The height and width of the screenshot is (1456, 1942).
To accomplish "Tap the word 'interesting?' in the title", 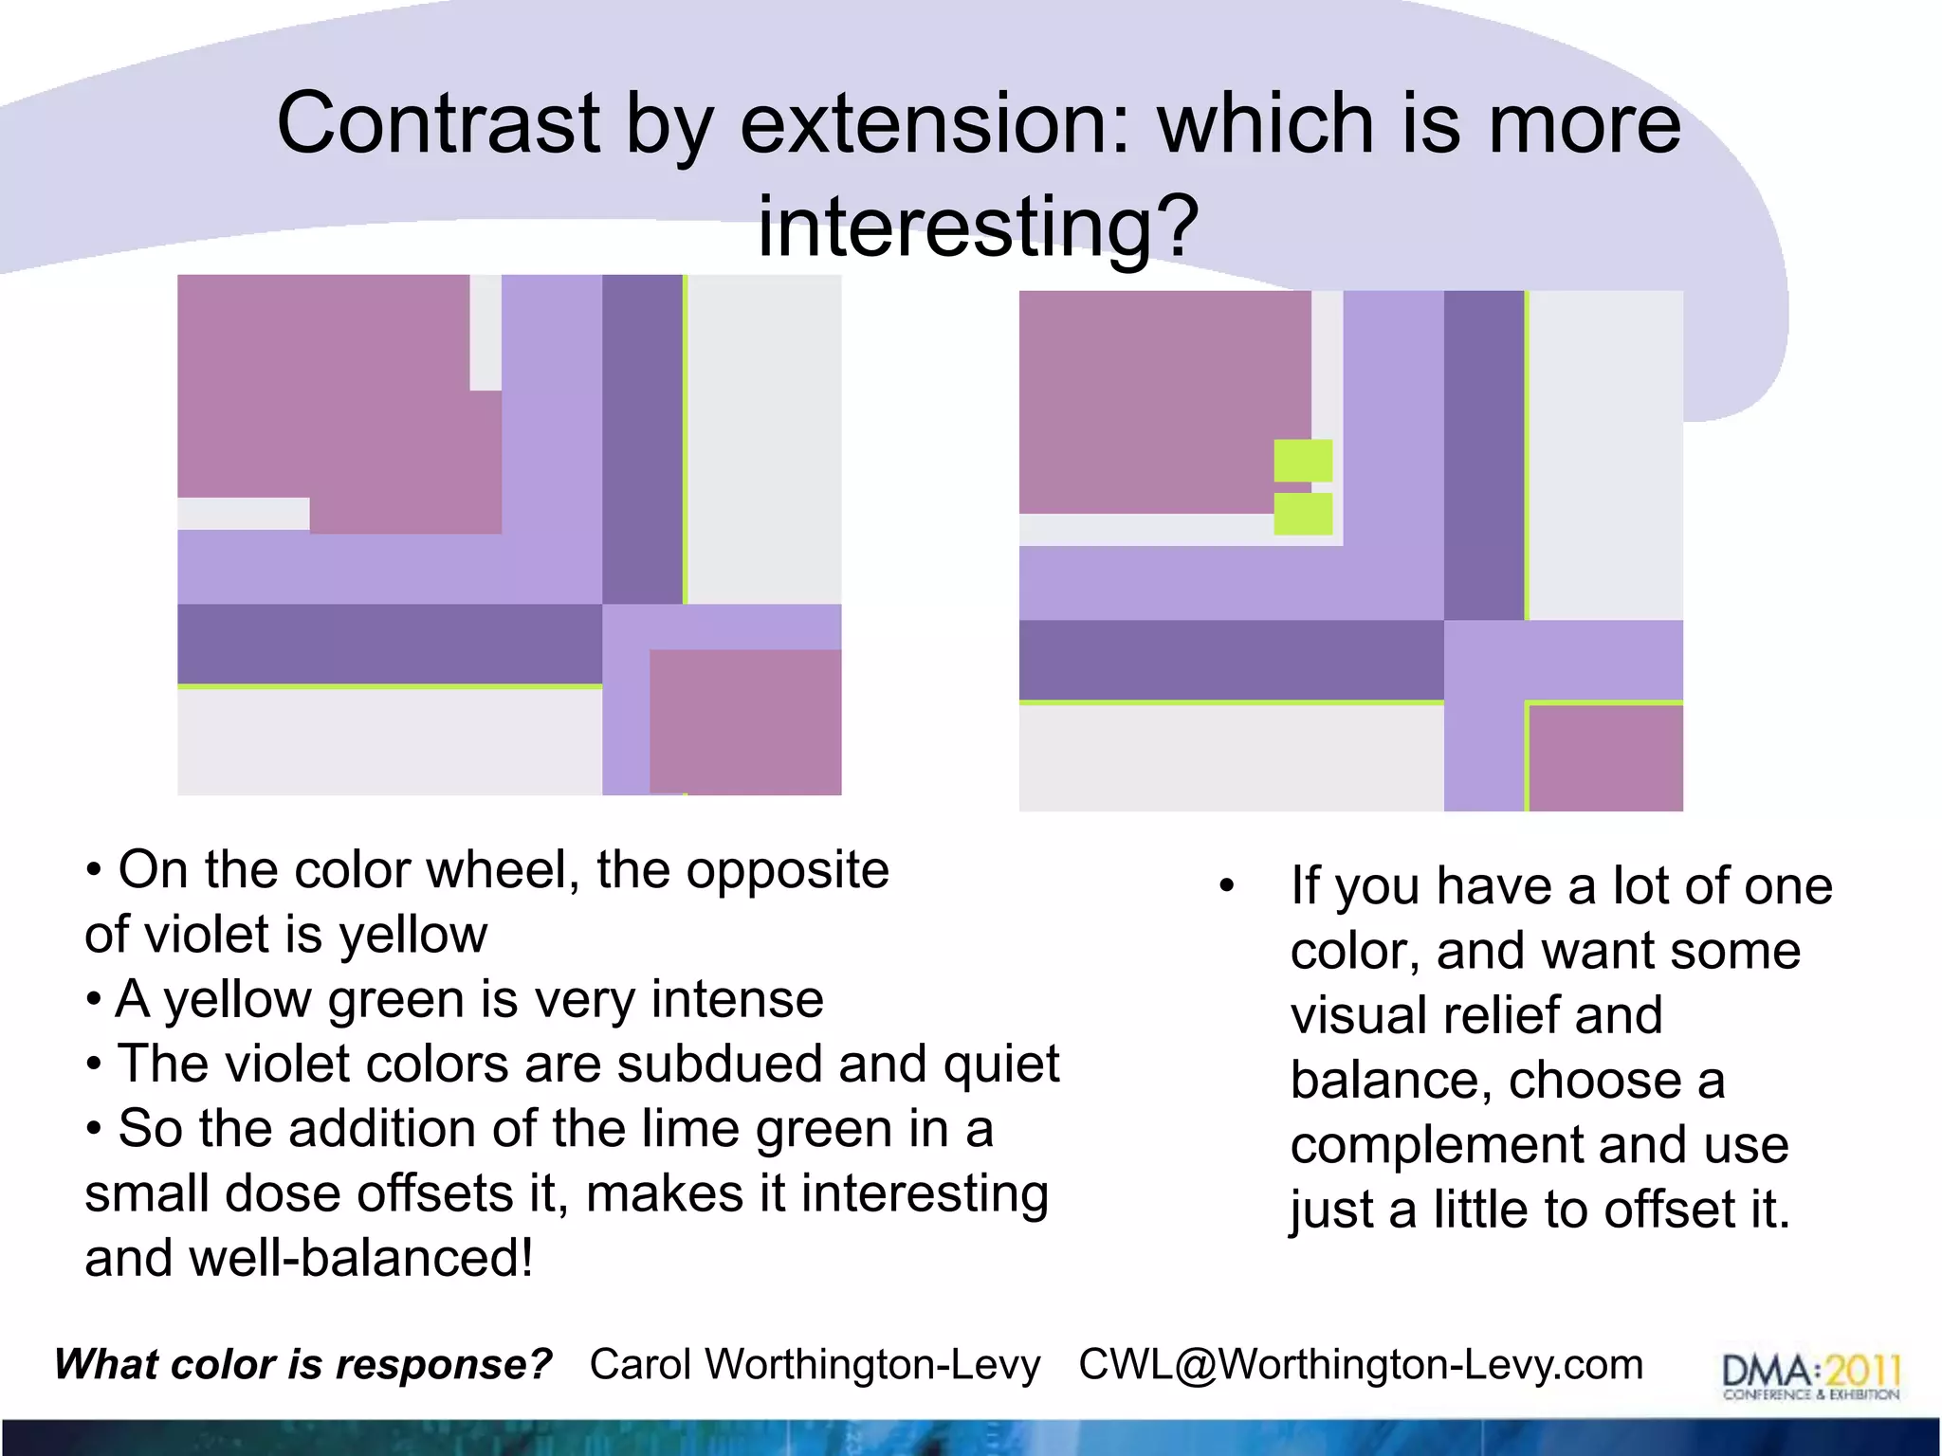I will click(978, 227).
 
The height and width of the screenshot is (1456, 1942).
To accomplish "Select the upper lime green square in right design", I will click(1303, 461).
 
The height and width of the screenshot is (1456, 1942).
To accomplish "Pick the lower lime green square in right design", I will click(1303, 514).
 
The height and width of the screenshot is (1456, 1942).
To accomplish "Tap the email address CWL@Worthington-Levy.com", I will click(1361, 1365).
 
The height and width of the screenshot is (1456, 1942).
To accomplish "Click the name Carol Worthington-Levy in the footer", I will click(815, 1365).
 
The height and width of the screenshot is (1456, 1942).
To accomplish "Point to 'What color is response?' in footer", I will click(303, 1365).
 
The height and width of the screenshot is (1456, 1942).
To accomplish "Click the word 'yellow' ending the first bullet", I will click(413, 936).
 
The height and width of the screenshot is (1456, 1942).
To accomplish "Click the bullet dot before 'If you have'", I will click(1227, 887).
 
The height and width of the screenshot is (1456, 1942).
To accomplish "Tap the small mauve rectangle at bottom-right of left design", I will click(745, 721).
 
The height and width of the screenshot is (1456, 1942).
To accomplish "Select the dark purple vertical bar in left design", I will click(642, 438).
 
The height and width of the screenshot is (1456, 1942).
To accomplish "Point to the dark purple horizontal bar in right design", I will click(1231, 660).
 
